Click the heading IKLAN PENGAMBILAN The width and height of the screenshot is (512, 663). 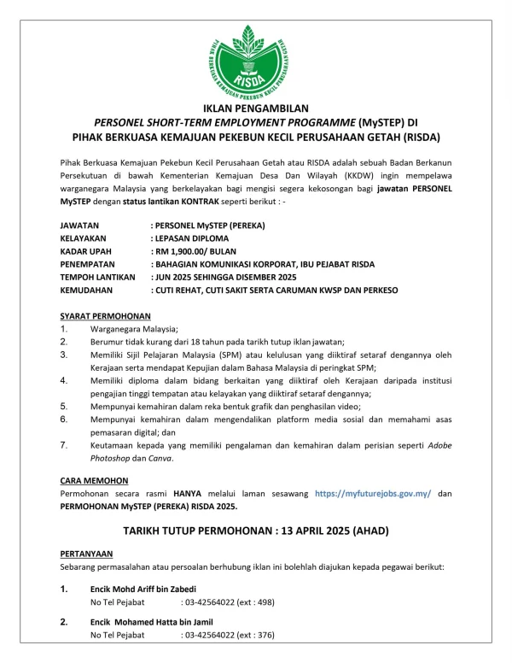tap(255, 109)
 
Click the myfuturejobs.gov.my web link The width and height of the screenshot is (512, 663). tap(373, 494)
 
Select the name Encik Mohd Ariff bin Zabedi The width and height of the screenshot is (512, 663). tap(143, 590)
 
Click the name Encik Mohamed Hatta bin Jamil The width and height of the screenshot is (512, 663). tap(151, 622)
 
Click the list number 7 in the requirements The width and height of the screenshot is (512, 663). tap(63, 445)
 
